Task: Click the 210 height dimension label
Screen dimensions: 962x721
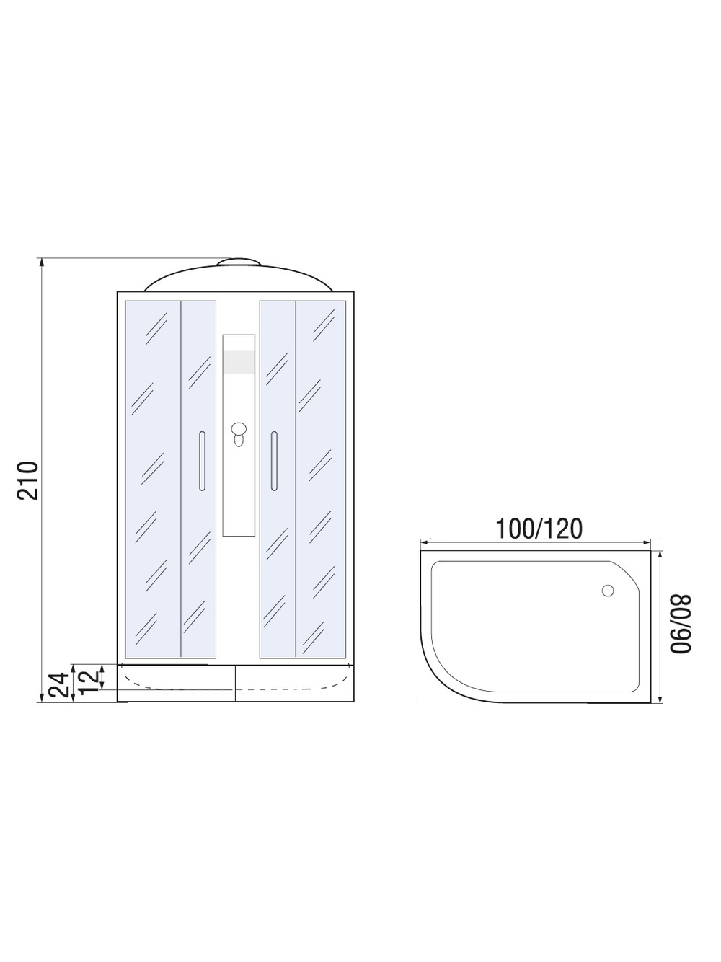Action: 27,480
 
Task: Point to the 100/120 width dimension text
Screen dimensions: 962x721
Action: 539,529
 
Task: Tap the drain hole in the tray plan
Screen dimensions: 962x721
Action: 608,591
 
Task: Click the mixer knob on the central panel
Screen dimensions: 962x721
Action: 239,433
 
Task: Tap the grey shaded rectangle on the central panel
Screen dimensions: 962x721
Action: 239,363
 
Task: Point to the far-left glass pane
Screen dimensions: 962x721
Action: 152,480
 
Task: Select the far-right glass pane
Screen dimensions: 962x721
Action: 321,480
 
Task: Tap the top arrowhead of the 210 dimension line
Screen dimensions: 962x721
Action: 42,262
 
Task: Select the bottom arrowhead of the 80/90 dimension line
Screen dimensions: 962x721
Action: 661,700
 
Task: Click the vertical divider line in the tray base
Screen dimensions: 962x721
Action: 236,683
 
